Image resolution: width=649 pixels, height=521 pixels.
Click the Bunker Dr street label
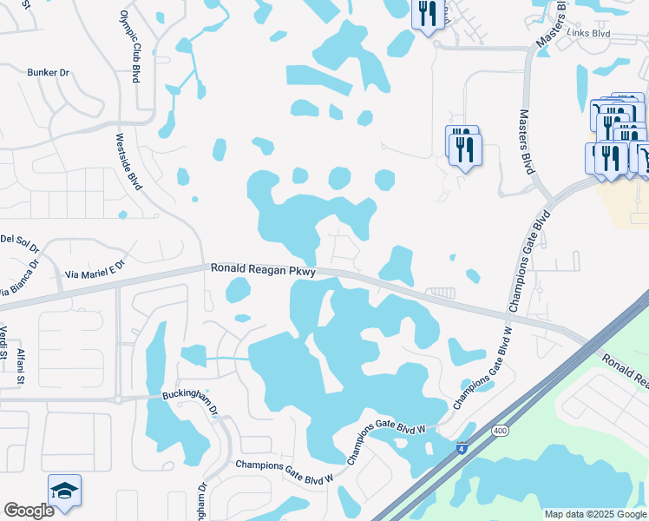[x=48, y=73]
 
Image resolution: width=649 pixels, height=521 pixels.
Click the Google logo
[x=29, y=510]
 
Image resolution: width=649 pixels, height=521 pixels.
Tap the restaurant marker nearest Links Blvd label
[x=427, y=14]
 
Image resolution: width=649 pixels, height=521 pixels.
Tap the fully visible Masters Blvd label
[x=525, y=142]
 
